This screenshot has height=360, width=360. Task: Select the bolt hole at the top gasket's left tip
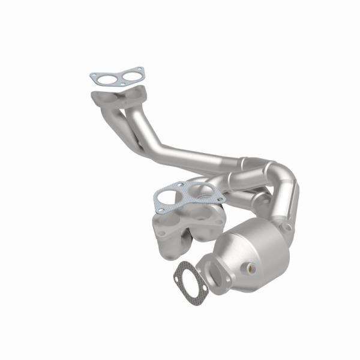92,76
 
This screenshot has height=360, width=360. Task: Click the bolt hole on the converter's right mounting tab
289,229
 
